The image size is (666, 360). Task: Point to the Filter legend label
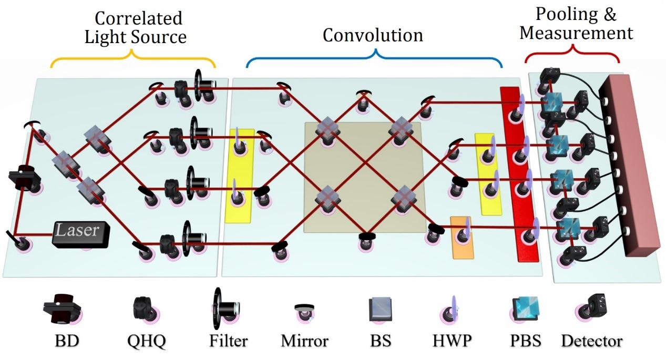[x=228, y=341]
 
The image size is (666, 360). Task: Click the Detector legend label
[x=591, y=341]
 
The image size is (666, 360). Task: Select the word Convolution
[x=373, y=35]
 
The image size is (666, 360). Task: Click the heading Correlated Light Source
[x=139, y=28]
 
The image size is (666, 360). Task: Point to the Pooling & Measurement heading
[x=576, y=24]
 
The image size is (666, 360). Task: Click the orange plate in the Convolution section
[x=462, y=237]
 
